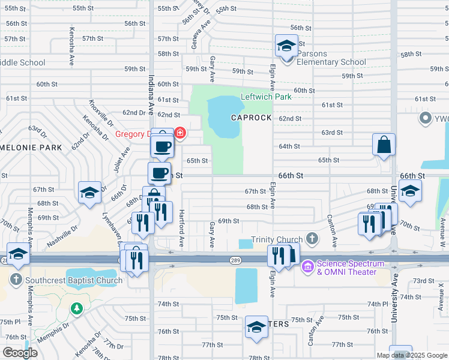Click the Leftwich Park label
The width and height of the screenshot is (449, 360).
265,97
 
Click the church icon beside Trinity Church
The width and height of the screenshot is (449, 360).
312,239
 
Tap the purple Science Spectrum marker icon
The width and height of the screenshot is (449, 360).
308,265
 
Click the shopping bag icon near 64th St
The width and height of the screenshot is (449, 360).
384,145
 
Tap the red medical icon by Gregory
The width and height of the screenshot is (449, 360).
180,133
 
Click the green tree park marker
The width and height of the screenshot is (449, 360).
76,309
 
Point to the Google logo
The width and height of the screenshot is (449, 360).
19,353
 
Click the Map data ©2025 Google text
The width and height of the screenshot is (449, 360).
411,355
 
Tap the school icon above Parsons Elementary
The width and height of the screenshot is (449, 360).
286,46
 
